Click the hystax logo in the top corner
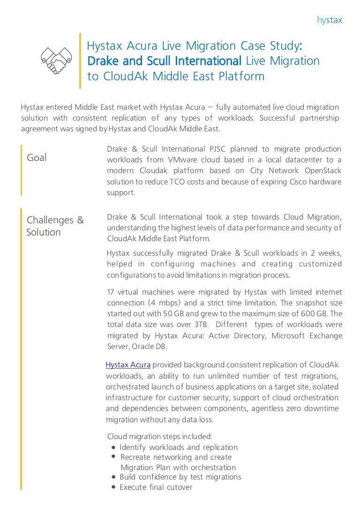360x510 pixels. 330,20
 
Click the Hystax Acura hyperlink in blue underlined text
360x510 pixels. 128,365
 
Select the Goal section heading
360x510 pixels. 37,158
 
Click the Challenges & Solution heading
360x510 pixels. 55,226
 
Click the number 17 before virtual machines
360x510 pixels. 111,292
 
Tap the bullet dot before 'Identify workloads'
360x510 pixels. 114,447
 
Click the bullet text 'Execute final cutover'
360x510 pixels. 156,487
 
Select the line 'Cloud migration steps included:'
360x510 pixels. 160,436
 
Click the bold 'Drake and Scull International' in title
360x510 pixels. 164,61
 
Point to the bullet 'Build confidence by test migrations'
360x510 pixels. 180,477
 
